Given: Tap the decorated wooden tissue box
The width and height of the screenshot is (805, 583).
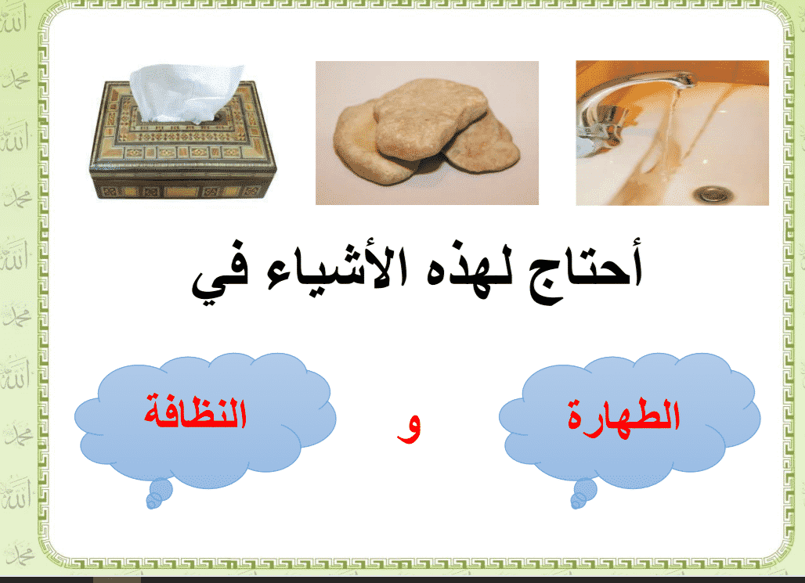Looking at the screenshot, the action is click(x=183, y=139).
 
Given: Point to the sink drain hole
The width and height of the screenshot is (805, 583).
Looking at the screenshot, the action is click(x=713, y=194).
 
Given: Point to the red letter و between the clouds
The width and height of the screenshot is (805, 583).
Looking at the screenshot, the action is click(x=409, y=429).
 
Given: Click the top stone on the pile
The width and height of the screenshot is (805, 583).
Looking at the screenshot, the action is click(x=430, y=118).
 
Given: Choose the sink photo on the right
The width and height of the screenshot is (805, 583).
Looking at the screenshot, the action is click(x=673, y=133).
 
